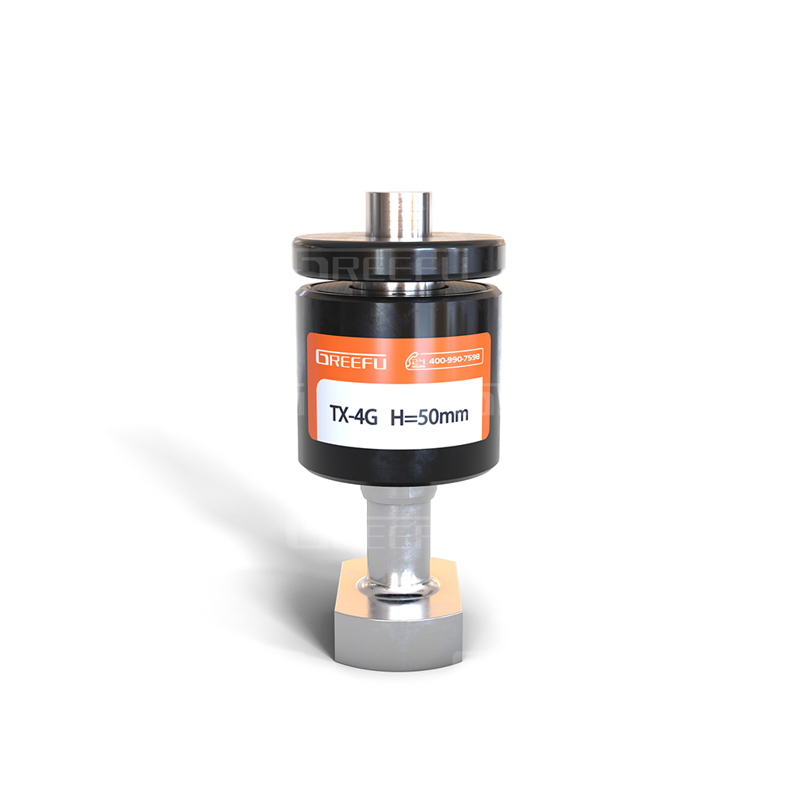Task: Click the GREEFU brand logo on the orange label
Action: (351, 359)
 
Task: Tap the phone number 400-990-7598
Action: (455, 359)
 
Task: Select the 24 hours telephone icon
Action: (415, 361)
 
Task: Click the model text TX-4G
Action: (353, 415)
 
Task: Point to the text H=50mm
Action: (429, 416)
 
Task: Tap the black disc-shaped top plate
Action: (399, 256)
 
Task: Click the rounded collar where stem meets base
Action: (399, 589)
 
